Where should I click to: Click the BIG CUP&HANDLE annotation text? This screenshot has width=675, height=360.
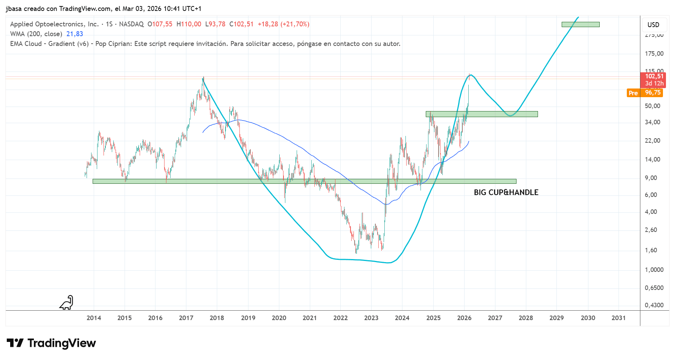506,192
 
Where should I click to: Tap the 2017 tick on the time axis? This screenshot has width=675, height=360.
186,318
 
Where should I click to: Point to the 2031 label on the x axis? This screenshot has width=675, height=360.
619,318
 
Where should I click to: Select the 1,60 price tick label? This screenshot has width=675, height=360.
651,250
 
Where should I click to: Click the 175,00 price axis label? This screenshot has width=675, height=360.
654,53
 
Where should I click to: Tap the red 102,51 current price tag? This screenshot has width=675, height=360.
654,76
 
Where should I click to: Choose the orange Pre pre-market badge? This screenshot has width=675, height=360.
633,93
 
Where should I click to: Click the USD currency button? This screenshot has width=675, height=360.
653,25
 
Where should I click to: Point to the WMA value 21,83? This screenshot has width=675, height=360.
75,34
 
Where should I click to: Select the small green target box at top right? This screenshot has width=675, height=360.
580,24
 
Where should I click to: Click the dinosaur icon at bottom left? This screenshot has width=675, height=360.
67,303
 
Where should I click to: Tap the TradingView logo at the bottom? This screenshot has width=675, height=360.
52,343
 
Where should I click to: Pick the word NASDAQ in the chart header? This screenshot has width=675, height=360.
131,24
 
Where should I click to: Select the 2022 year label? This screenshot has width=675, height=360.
340,318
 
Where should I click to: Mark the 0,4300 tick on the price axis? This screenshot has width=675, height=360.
654,305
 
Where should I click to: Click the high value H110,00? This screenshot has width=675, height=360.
189,24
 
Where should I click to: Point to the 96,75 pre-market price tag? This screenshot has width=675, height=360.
653,93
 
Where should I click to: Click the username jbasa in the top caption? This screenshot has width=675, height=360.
14,9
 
